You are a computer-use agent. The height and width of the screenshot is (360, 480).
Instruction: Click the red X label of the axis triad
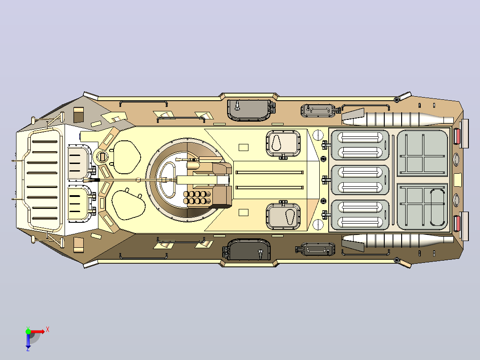click(48, 330)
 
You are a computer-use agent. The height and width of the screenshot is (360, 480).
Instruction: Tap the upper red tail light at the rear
click(457, 136)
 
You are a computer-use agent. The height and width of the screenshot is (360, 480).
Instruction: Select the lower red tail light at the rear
click(457, 223)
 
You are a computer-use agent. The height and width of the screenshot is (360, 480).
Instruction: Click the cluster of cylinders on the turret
click(197, 198)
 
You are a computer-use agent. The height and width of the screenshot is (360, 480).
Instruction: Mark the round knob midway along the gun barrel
click(138, 180)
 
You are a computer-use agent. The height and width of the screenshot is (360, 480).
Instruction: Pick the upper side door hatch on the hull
click(249, 110)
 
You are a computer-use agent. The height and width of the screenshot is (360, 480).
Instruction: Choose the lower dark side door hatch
click(249, 249)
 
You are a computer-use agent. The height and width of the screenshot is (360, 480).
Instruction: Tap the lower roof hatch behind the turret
click(283, 216)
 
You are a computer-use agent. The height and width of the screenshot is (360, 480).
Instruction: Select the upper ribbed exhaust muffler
click(398, 119)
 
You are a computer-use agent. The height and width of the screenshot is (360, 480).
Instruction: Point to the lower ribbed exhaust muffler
click(398, 241)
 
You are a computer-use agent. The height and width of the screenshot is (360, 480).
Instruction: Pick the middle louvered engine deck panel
click(360, 180)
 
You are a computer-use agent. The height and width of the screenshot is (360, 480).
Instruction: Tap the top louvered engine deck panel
click(360, 145)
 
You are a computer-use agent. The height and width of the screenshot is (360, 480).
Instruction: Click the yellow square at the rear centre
click(457, 180)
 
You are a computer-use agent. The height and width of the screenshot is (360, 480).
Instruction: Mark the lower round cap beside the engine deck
click(318, 225)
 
